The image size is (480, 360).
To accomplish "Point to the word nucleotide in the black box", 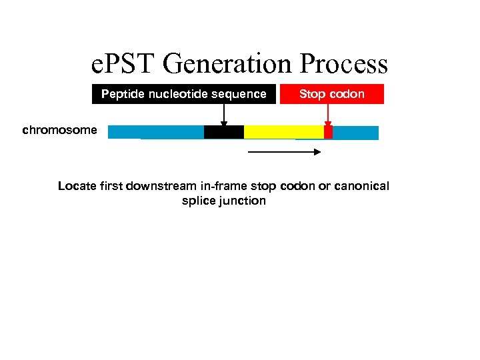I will coord(176,94).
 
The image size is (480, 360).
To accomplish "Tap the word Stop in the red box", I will coord(312,94).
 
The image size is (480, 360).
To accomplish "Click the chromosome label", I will coord(59,130).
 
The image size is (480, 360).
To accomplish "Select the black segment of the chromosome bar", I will coord(224,132).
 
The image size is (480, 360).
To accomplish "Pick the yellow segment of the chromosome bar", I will coord(283,132).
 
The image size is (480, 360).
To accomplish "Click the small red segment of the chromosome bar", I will coord(328,132).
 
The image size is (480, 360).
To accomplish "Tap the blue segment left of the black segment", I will coord(156,132).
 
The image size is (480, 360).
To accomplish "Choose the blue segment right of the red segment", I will coord(355,132).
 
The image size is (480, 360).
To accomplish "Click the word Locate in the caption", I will coord(77,186).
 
